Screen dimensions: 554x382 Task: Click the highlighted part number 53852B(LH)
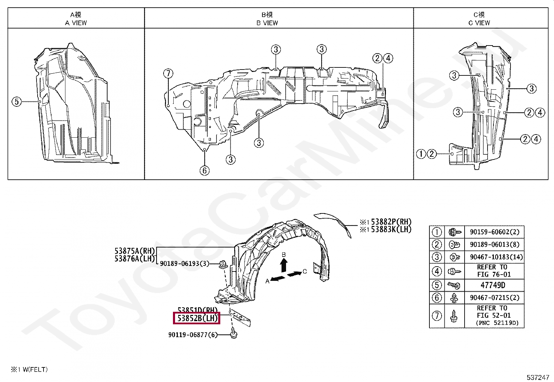197,318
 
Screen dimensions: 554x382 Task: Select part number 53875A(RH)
135,251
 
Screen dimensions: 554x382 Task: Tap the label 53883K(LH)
391,229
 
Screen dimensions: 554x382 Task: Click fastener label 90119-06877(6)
193,335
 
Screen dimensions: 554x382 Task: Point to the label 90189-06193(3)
184,263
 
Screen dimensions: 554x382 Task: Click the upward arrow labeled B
284,265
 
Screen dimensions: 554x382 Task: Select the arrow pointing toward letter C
294,274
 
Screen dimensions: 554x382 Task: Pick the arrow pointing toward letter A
278,278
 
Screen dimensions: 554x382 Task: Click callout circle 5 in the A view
17,102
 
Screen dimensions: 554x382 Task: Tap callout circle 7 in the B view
168,73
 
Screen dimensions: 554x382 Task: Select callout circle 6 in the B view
205,170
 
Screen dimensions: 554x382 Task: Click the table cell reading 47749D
493,285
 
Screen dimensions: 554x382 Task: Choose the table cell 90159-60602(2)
494,232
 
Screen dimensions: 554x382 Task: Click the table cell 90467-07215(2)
494,298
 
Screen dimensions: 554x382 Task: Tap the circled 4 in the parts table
437,271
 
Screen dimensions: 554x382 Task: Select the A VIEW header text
76,23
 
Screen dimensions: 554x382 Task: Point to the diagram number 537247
538,377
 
